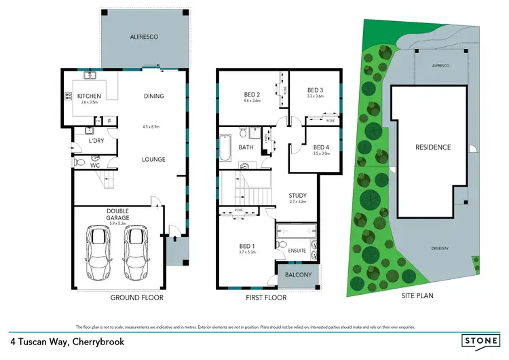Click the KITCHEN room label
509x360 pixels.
(x=89, y=96)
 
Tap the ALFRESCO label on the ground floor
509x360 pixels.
(x=144, y=37)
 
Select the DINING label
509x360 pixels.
(x=154, y=96)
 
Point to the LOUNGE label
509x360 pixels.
(x=154, y=159)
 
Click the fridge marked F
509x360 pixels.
(x=109, y=122)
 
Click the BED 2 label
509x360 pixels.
(x=252, y=94)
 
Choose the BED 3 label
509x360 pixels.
(x=315, y=90)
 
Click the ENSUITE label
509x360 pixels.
(x=297, y=251)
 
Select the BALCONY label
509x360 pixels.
(x=299, y=275)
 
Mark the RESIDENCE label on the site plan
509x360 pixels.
(x=433, y=147)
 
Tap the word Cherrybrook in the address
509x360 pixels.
(x=96, y=342)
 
